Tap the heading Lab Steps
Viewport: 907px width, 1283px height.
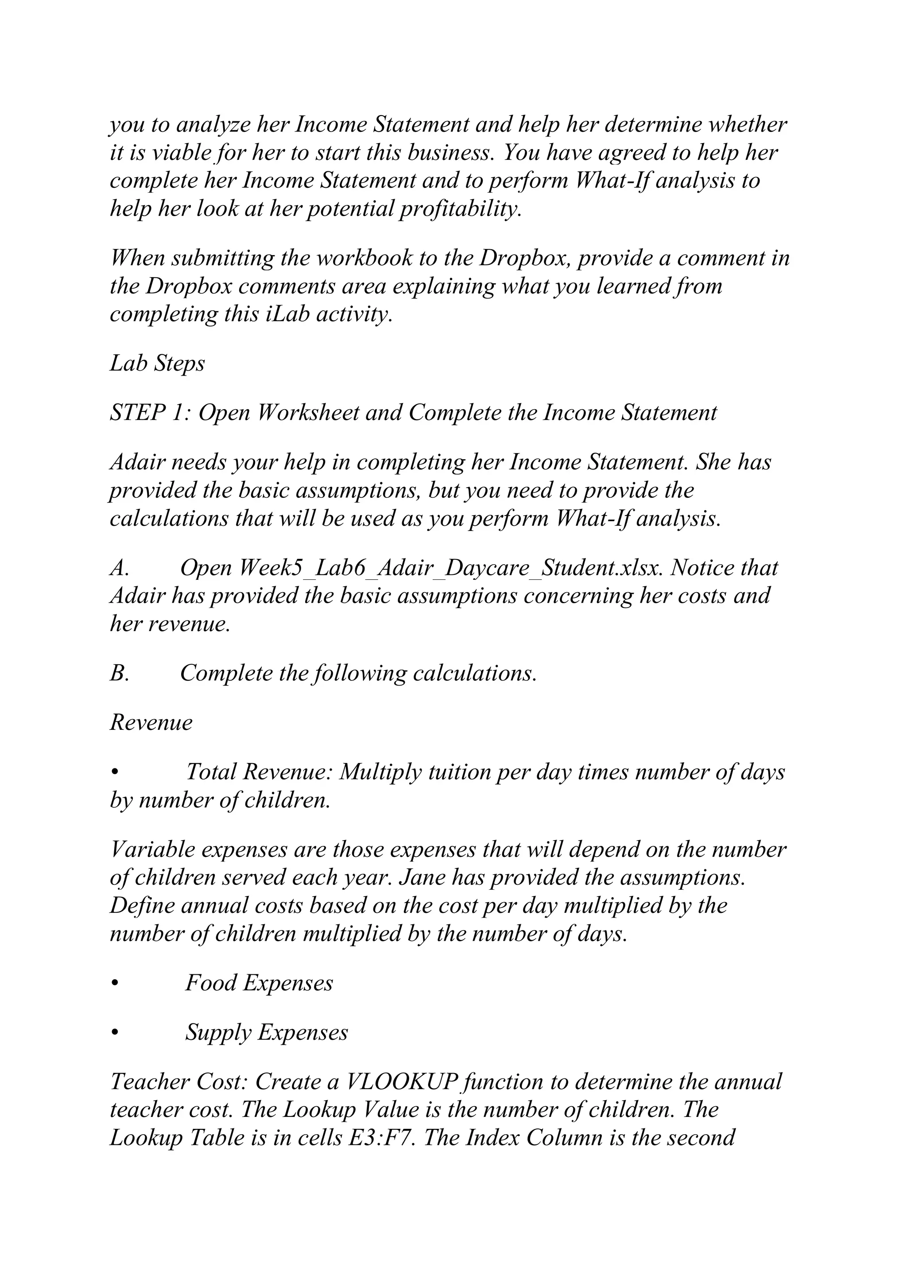click(x=158, y=363)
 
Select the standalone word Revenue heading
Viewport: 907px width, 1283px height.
click(x=151, y=722)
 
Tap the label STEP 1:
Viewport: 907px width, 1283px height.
click(x=151, y=413)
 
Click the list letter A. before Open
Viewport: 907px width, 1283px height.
click(x=120, y=568)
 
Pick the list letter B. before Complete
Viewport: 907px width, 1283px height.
click(x=120, y=673)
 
